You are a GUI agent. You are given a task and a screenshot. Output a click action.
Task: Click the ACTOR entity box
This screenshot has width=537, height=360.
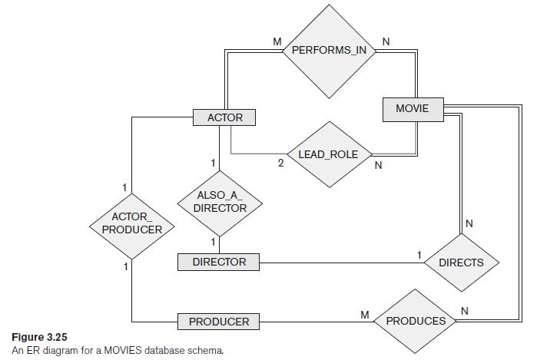224,117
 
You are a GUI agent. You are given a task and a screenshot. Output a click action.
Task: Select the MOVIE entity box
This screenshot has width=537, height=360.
412,109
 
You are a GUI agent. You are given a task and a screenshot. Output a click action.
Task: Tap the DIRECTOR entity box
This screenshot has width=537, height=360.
219,263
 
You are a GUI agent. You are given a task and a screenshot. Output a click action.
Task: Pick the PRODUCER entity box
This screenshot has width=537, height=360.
219,322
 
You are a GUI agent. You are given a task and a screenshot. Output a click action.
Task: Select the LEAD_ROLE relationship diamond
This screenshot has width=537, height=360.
328,155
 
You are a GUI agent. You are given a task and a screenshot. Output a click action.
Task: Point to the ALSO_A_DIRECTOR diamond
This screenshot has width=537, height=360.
220,203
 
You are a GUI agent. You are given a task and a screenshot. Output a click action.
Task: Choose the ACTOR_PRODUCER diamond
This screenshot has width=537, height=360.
131,223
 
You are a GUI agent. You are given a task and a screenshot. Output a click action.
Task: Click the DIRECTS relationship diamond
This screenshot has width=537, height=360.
461,263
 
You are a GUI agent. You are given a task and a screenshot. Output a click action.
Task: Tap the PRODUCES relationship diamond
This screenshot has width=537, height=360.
415,321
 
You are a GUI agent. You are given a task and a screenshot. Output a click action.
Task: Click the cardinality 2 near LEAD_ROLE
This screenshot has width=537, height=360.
281,163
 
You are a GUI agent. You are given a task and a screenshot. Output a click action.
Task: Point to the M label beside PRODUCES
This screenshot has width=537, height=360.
365,314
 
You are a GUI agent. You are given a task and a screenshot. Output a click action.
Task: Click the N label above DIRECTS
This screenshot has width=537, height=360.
469,223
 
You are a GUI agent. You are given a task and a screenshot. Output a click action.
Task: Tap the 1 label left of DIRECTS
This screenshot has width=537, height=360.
419,255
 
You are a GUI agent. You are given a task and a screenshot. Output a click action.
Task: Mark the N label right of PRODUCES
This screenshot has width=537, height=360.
463,309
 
